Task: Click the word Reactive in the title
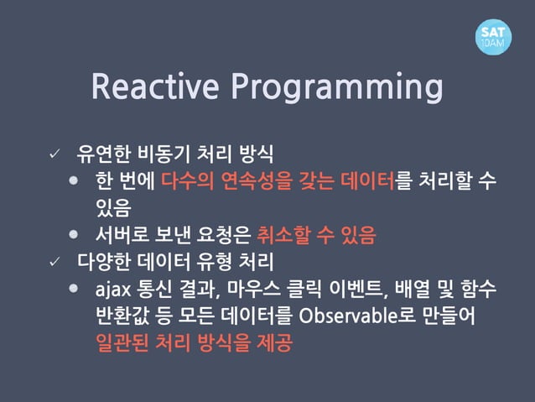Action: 155,86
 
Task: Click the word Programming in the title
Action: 337,87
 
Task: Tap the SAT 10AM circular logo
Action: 493,37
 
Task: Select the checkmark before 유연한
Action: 55,154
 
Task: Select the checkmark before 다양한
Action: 55,262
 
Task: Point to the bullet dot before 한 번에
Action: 73,180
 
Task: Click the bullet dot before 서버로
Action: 73,234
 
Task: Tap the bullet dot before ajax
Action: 73,288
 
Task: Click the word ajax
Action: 113,290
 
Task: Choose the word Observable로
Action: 357,316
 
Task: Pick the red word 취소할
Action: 284,235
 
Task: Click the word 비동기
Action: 163,154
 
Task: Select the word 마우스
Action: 253,289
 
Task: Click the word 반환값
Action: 122,316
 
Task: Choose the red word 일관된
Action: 122,342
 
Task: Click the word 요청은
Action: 224,235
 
